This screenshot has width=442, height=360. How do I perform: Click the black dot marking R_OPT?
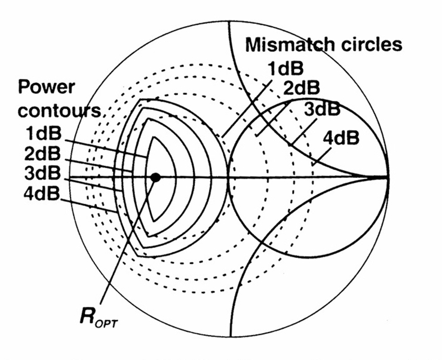click(x=155, y=177)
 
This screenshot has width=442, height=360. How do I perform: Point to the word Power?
click(x=45, y=87)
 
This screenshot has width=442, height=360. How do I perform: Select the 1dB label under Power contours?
click(x=40, y=133)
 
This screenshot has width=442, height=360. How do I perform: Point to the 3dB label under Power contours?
click(x=40, y=174)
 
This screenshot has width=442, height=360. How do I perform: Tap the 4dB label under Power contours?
click(x=40, y=194)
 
